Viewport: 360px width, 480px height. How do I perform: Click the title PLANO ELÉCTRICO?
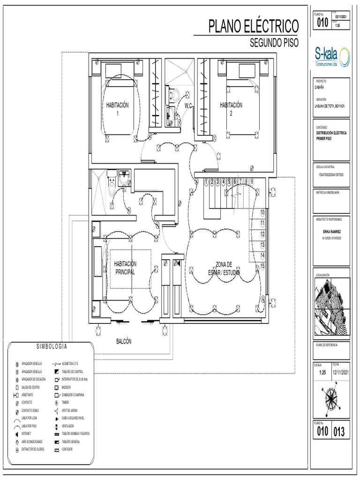click(x=253, y=26)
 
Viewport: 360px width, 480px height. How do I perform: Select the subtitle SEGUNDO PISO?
click(x=274, y=43)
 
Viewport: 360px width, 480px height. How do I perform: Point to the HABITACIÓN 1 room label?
click(x=117, y=109)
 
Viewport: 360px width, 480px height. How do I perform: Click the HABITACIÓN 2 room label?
click(x=231, y=109)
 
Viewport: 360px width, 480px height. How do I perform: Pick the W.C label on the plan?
click(x=189, y=105)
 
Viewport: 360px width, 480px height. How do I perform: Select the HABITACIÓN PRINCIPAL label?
click(x=125, y=268)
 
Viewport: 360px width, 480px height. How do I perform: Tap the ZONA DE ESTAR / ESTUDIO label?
click(x=224, y=268)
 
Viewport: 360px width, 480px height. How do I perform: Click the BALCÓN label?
click(x=124, y=341)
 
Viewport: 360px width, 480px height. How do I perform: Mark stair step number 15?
click(x=262, y=265)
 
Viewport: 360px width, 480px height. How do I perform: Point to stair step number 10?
click(x=262, y=212)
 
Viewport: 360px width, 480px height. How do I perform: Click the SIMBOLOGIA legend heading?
click(x=52, y=347)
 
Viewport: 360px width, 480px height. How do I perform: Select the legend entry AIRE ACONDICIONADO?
click(x=32, y=442)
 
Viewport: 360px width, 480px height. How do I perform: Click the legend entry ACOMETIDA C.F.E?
click(x=70, y=364)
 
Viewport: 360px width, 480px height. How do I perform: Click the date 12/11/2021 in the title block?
click(x=341, y=372)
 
